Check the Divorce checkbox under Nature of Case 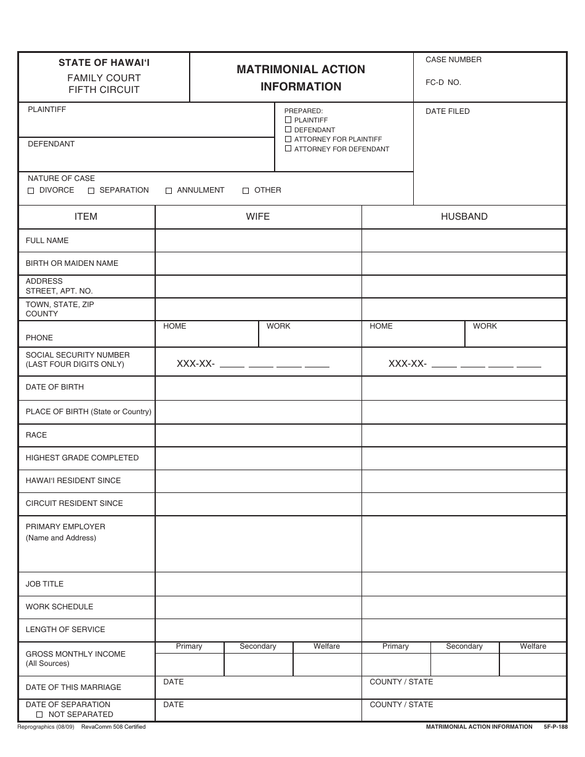tap(31, 191)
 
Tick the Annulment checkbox tap(169, 191)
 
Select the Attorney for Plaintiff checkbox tap(288, 139)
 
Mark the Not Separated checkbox tap(39, 715)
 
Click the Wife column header tap(257, 217)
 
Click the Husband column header tap(464, 217)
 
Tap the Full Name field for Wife tap(257, 241)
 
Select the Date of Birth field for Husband tap(464, 388)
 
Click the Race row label tap(36, 435)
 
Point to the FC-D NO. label tap(443, 82)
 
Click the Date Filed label tap(447, 111)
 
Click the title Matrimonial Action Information tap(301, 78)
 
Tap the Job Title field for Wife tap(257, 584)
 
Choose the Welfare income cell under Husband tap(533, 665)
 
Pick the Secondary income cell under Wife tap(258, 665)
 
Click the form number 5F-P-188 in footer tap(555, 727)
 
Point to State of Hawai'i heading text tap(104, 63)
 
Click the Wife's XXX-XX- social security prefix tap(195, 364)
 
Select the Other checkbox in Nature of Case tap(246, 191)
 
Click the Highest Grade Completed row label tap(82, 458)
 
